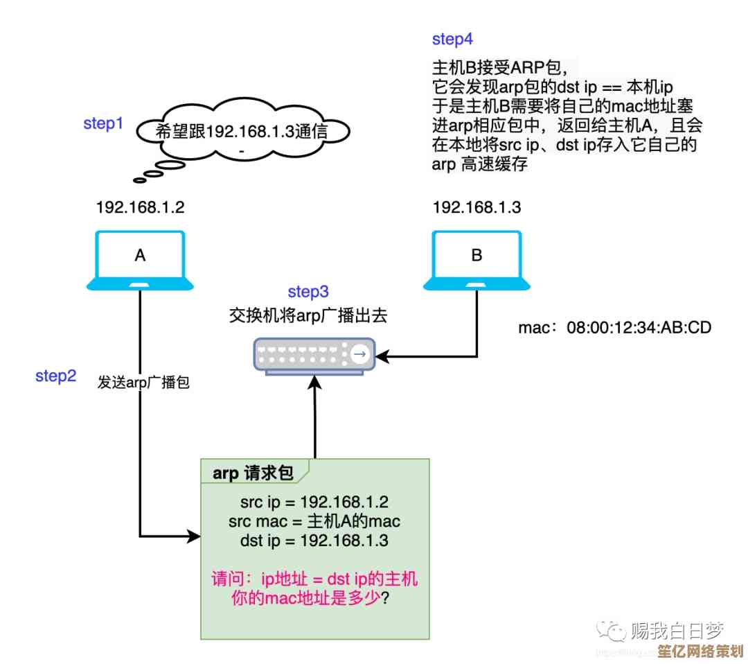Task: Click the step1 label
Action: [x=103, y=124]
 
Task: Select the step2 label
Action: [x=55, y=376]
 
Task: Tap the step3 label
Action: [x=308, y=292]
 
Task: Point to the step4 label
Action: [x=452, y=39]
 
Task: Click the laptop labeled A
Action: [x=140, y=260]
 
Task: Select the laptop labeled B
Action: [x=477, y=260]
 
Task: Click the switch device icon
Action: [x=312, y=356]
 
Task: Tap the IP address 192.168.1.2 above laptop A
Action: [x=140, y=207]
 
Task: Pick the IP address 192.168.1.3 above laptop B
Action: [x=477, y=207]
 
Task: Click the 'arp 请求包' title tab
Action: [x=253, y=473]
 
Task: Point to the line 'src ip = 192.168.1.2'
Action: [x=314, y=503]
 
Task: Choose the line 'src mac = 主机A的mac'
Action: [x=314, y=521]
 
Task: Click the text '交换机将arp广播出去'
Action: [x=308, y=315]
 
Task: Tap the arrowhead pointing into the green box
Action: [x=194, y=536]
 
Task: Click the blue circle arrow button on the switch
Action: [x=359, y=355]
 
